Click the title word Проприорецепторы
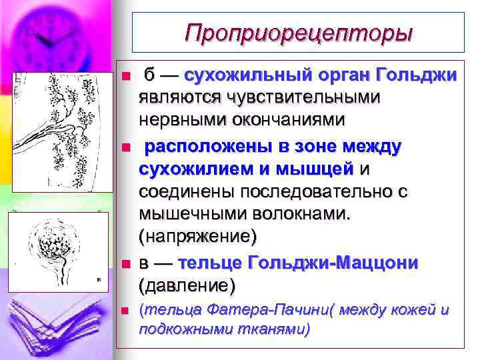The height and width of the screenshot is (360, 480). [x=299, y=32]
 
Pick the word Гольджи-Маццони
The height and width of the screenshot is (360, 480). [x=333, y=263]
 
